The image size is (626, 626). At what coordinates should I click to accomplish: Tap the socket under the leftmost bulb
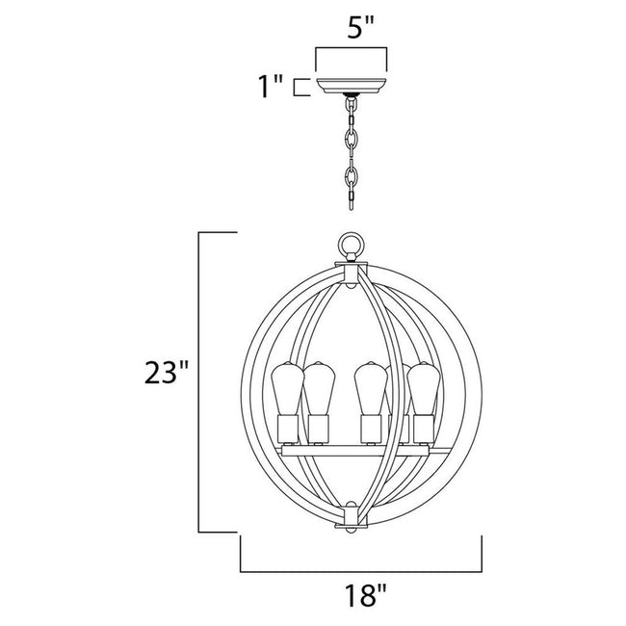tap(286, 428)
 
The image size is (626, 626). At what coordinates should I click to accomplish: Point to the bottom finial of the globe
tap(351, 527)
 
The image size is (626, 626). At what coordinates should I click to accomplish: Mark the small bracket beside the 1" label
tap(301, 88)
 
